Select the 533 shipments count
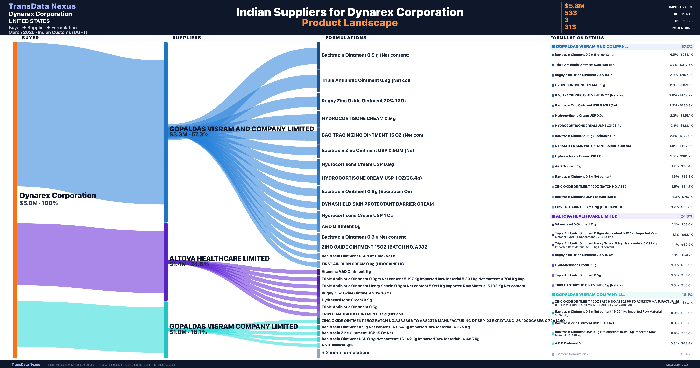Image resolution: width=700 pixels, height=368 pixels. pos(570,13)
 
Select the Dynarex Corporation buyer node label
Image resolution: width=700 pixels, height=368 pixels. pos(58,195)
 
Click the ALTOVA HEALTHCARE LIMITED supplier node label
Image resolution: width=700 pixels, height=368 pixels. pos(219,259)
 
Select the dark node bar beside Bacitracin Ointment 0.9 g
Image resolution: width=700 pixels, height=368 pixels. pos(318,56)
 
